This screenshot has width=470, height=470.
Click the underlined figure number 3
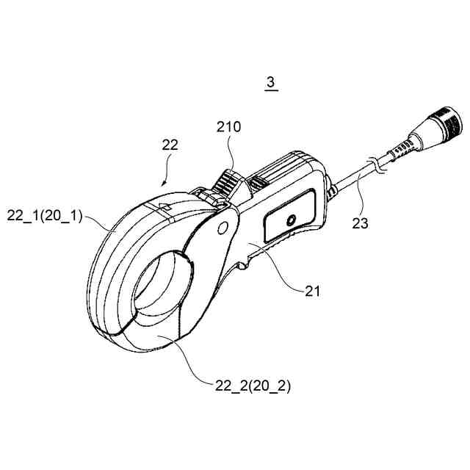pos(270,83)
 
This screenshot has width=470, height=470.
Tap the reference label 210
pos(228,127)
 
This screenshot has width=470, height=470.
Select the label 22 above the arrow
pos(170,146)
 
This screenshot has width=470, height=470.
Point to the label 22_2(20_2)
pos(252,386)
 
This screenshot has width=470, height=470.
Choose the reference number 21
pos(314,291)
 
